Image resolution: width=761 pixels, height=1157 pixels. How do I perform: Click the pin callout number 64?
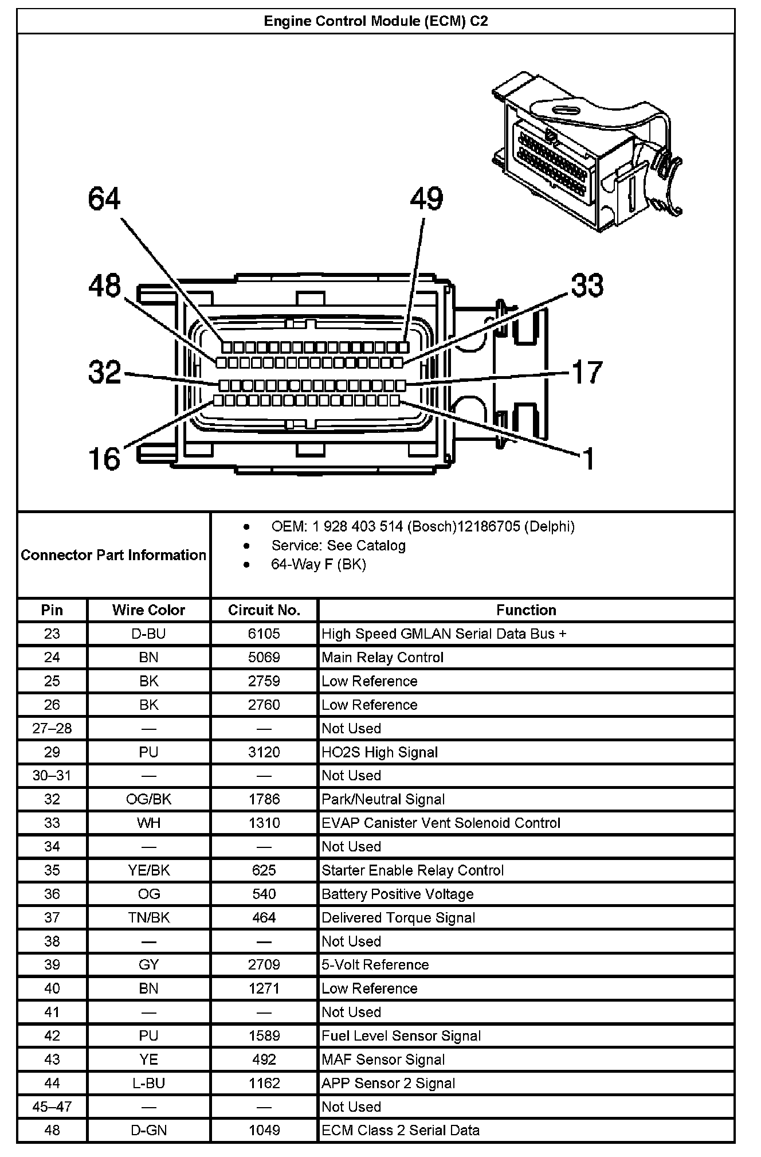coord(104,199)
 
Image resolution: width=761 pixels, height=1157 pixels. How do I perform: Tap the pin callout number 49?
coord(426,199)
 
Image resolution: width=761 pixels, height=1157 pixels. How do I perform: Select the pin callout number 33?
coord(587,286)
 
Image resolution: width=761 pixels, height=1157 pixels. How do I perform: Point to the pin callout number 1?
coord(589,459)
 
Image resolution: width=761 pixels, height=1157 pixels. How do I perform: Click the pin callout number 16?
coord(104,459)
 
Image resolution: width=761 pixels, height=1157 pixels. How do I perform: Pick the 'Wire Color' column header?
coord(148,610)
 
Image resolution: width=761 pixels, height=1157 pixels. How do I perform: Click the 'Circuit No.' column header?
coord(264,610)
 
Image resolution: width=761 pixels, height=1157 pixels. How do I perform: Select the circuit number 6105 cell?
coord(264,634)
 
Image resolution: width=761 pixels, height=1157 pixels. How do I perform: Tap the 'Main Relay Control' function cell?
coord(383,658)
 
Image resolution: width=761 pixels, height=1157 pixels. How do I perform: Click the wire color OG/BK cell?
coord(148,799)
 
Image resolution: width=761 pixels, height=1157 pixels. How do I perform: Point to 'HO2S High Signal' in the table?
coord(379,752)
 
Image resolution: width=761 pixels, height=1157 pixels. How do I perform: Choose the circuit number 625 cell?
coord(264,870)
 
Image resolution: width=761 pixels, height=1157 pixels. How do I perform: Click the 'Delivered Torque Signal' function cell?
coord(398,918)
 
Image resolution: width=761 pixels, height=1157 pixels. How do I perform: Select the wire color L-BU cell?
coord(148,1083)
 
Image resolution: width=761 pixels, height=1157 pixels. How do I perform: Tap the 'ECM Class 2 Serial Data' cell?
coord(401,1130)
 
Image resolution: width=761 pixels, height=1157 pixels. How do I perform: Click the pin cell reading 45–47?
coord(52,1107)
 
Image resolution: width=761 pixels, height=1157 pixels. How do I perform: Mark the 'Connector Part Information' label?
coord(113,555)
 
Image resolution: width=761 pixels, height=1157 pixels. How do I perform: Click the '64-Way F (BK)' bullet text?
coord(319,564)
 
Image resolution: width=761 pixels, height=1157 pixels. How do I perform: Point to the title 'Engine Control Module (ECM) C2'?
coord(376,22)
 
